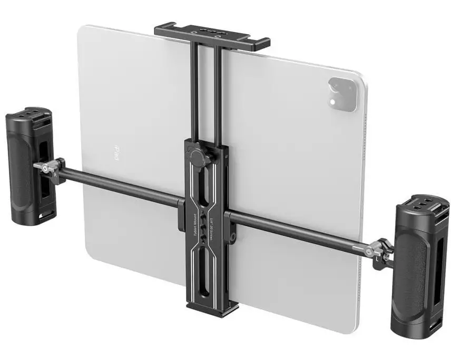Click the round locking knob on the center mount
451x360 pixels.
[197, 157]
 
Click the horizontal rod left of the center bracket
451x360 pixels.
[121, 185]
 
